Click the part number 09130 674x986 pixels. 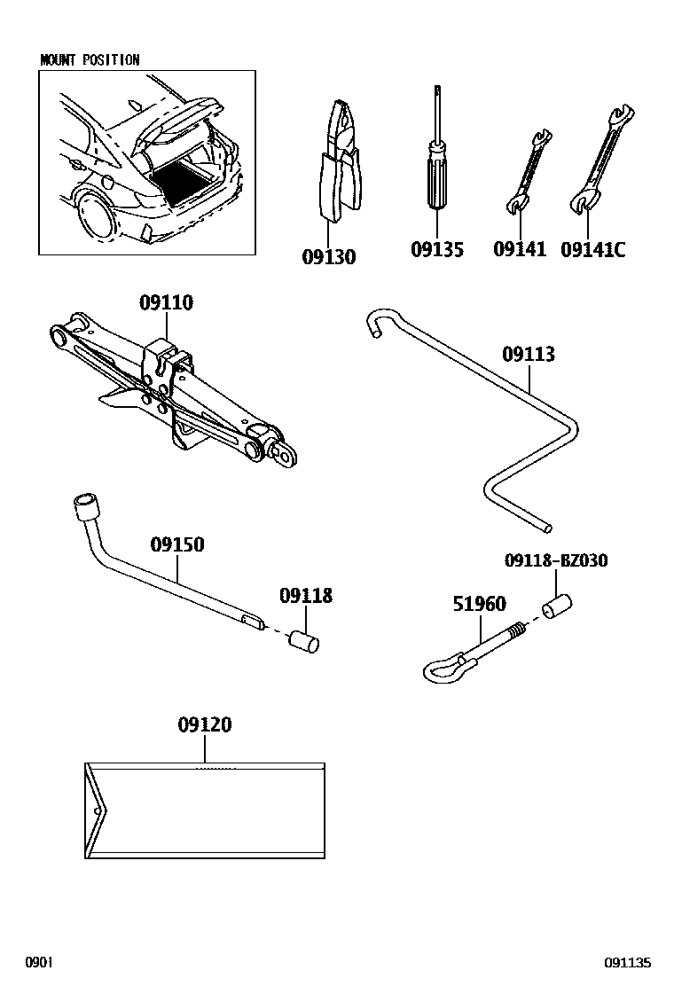point(328,257)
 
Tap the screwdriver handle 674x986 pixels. point(436,174)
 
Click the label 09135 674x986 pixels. point(436,250)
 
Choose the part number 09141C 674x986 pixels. point(592,250)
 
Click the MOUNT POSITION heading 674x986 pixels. point(90,60)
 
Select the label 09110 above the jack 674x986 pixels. point(166,303)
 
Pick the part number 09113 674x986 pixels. point(529,355)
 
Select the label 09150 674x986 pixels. point(176,544)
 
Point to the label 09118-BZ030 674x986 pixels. point(556,560)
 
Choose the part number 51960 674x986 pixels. point(479,605)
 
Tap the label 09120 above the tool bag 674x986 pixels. point(204,725)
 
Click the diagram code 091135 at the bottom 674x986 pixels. point(628,963)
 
